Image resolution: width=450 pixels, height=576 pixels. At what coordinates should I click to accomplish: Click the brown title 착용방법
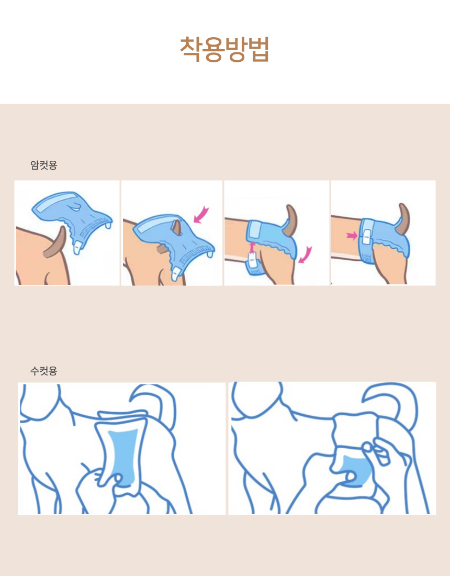click(x=224, y=49)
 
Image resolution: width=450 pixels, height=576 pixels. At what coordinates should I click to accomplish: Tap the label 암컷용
click(x=43, y=165)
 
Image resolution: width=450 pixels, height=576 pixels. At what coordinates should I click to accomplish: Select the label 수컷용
click(x=43, y=371)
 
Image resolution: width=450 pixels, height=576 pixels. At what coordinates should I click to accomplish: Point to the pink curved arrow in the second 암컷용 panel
click(x=201, y=215)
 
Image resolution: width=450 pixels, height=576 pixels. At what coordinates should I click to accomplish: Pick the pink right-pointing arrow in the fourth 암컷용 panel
click(x=352, y=236)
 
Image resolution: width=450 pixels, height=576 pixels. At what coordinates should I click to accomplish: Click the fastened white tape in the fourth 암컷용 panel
click(x=366, y=236)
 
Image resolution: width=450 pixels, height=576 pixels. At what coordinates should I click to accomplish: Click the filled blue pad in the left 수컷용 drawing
click(x=125, y=457)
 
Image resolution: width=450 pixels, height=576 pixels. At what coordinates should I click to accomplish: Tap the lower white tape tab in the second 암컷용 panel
click(x=177, y=274)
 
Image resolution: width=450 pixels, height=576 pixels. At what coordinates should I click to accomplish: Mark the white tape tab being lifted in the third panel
click(x=252, y=260)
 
